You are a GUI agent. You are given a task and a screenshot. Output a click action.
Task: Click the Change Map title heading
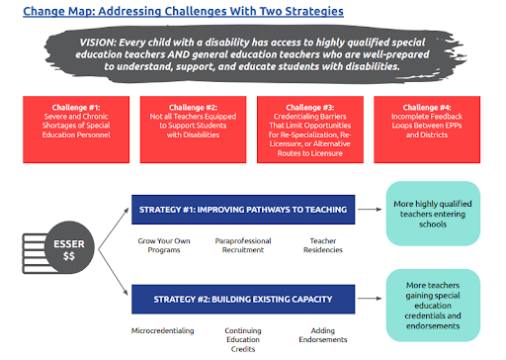pos(183,11)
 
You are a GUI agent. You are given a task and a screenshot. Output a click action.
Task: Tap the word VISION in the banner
pos(97,43)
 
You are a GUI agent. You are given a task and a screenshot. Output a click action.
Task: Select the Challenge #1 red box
pos(76,130)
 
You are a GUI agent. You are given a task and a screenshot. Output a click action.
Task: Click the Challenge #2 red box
pos(193,130)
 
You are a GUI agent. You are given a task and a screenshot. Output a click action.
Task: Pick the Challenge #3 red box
pos(310,130)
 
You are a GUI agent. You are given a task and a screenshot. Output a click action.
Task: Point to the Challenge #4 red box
pos(427,130)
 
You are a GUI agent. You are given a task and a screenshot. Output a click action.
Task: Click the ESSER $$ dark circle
pos(69,247)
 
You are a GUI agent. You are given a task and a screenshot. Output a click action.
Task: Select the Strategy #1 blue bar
pos(243,210)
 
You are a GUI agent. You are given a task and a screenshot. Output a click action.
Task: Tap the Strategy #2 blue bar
pos(243,299)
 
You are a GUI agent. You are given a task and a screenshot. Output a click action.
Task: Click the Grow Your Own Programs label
pos(164,245)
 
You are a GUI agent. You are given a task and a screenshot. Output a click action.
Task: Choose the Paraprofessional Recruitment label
pos(243,245)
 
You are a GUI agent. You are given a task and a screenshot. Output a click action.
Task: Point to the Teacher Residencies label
pos(323,245)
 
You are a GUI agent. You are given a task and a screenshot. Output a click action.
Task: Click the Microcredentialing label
pos(163,330)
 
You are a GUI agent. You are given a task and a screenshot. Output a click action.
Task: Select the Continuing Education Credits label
pos(243,339)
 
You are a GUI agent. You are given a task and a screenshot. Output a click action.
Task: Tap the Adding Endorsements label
pos(323,335)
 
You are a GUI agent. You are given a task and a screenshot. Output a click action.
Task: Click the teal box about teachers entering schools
pos(433,214)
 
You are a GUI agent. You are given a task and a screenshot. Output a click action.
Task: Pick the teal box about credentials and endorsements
pos(433,306)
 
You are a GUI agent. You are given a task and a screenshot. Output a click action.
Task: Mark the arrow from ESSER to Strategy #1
pos(114,228)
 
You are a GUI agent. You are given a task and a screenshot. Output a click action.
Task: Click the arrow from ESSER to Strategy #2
pos(113,272)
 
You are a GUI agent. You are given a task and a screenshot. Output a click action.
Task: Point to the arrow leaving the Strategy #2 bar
pos(370,299)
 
